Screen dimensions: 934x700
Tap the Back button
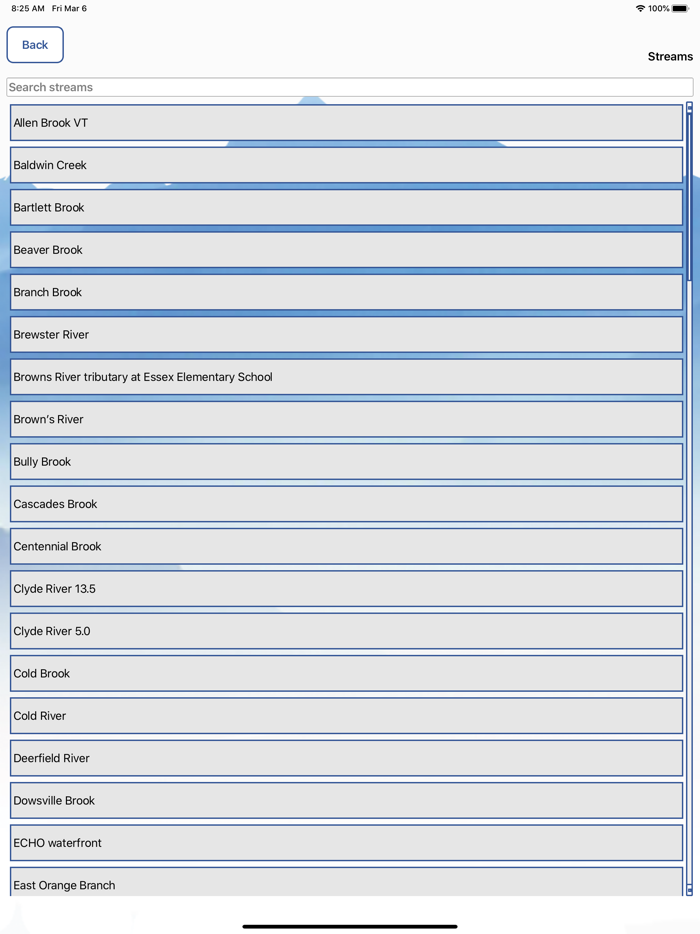coord(35,45)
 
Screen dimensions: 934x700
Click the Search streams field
coord(349,87)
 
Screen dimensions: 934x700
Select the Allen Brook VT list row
coord(346,123)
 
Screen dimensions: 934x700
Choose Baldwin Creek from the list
coord(346,165)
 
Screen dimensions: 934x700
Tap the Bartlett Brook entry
coord(346,208)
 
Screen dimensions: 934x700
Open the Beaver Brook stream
coord(346,250)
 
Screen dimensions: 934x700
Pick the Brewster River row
coord(346,335)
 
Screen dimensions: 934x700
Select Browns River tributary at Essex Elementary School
coord(346,377)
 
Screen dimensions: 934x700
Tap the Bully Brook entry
coord(346,462)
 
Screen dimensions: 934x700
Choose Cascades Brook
coord(346,504)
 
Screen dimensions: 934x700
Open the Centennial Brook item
coord(346,547)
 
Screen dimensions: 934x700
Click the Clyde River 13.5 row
coord(346,589)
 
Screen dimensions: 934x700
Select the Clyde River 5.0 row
coord(346,631)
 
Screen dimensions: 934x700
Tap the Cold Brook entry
coord(346,674)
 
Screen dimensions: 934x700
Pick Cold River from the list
coord(346,716)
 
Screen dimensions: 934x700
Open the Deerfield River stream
coord(346,758)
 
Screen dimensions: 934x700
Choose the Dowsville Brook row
coord(346,801)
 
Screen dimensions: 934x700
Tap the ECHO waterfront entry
coord(346,843)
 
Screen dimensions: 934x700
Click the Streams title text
coord(670,57)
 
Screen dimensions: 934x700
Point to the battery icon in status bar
coord(680,9)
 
